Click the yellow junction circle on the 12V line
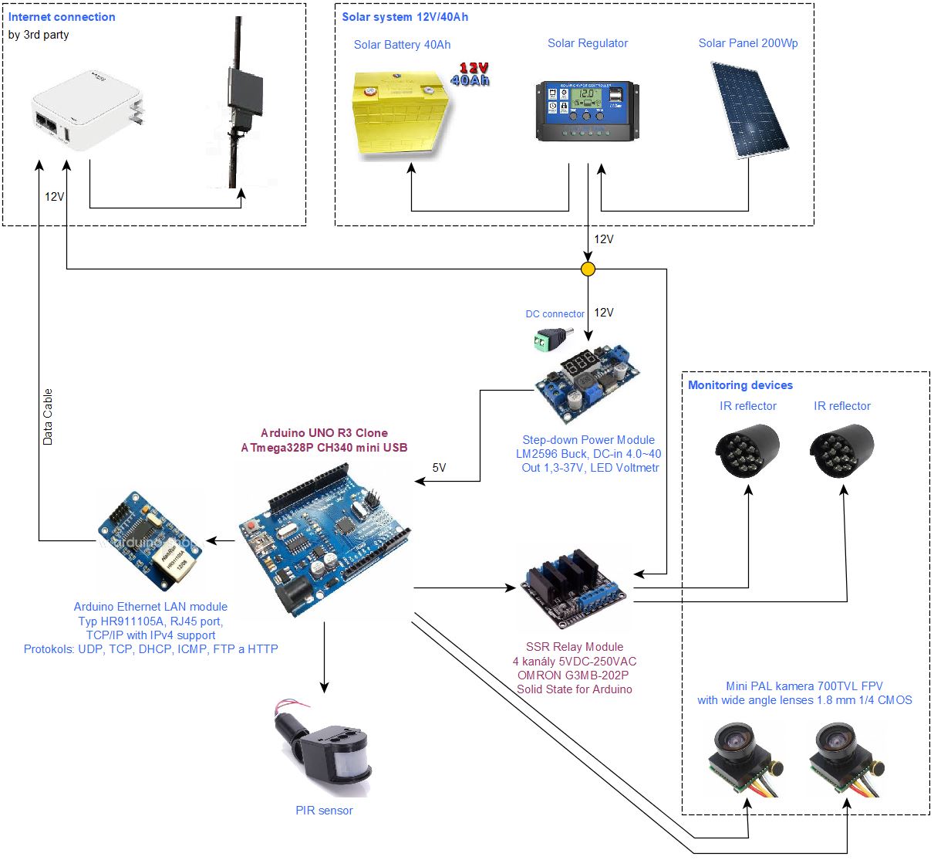pos(588,269)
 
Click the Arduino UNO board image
pos(324,540)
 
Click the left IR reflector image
pos(747,449)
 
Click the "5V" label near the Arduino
pos(439,468)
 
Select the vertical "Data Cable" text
pos(48,417)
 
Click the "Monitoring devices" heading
pos(740,385)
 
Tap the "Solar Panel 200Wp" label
pos(748,43)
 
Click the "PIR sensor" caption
pos(324,811)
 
